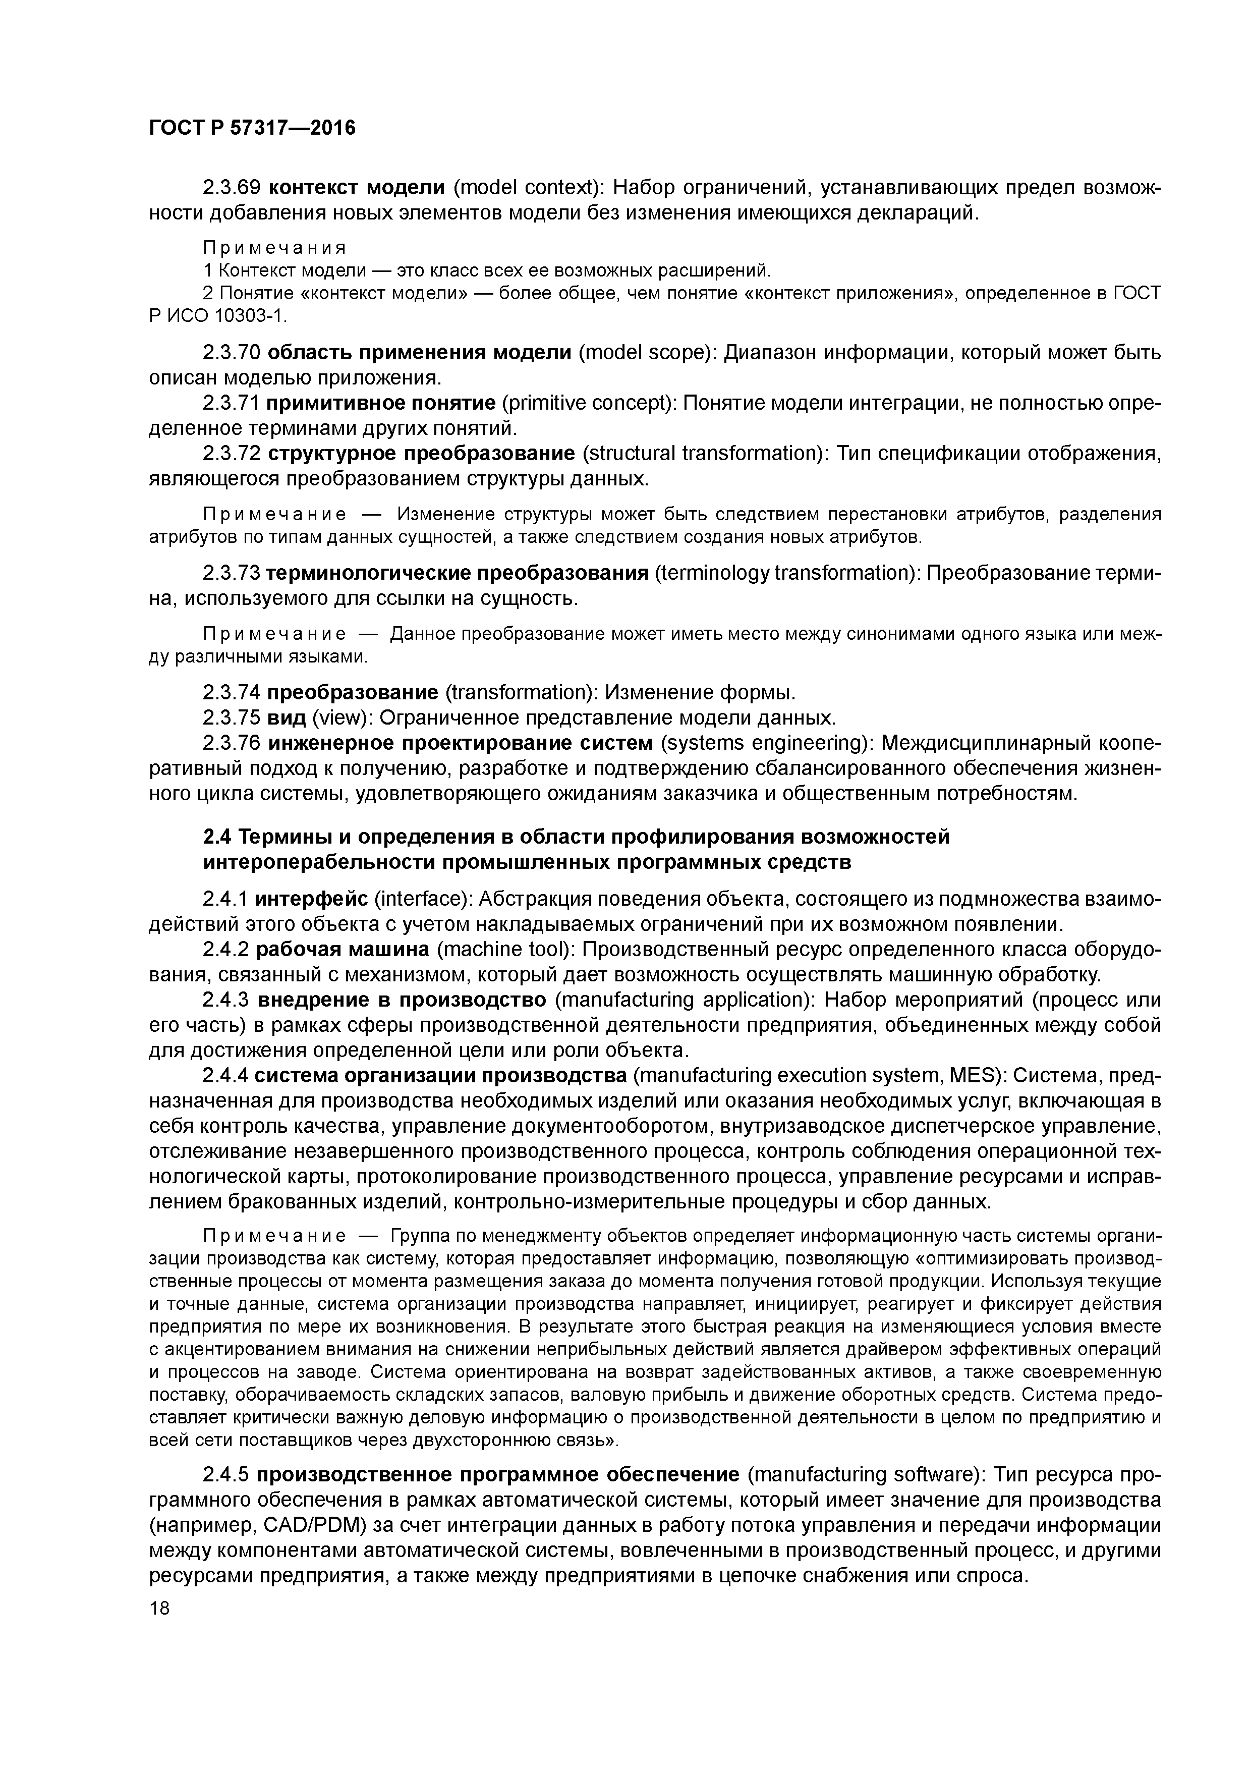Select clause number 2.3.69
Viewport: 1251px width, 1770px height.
pos(232,187)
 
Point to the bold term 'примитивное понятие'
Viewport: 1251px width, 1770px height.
pos(381,403)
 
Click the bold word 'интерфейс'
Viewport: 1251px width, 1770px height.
pos(311,899)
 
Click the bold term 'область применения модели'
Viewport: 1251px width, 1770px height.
pos(419,352)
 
